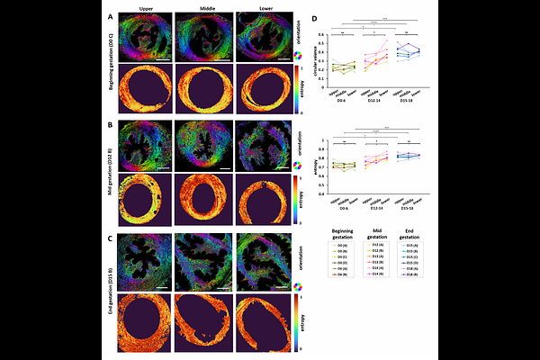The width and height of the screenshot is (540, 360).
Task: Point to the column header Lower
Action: (264, 7)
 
